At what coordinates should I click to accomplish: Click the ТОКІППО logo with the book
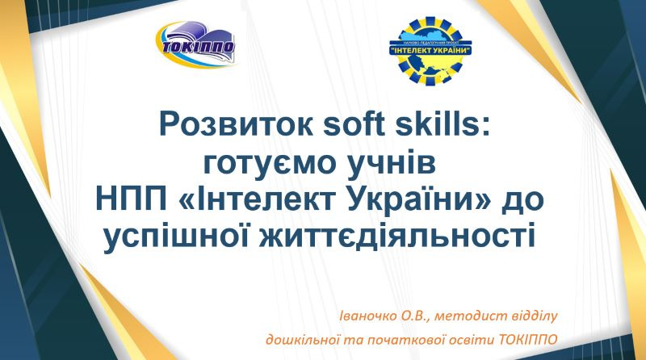[x=195, y=44]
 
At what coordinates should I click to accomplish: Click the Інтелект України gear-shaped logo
[x=430, y=51]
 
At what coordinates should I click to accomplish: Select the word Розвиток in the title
[x=236, y=124]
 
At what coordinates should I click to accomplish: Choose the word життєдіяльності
[x=397, y=236]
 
